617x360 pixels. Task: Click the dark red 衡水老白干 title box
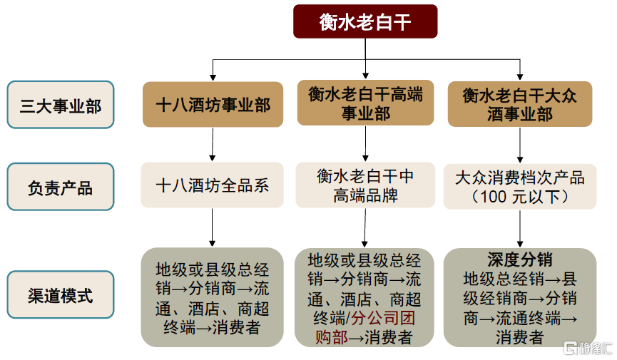point(365,21)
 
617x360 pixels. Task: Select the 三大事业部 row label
point(61,105)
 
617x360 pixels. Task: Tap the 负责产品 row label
point(61,187)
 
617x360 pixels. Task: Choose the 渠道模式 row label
point(61,294)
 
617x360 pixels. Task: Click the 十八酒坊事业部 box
point(213,104)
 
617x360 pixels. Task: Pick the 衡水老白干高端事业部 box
point(365,103)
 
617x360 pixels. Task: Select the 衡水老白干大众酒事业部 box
point(520,104)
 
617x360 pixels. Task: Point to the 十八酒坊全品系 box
point(213,185)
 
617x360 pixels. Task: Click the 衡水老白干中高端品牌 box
point(365,185)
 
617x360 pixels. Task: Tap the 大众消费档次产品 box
point(520,187)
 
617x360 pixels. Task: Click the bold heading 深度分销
point(520,259)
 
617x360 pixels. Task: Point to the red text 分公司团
point(383,318)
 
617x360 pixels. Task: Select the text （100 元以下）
point(520,196)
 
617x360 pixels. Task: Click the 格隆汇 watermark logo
point(588,348)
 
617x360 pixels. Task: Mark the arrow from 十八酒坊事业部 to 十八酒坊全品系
point(213,145)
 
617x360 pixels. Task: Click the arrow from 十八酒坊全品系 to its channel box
point(213,227)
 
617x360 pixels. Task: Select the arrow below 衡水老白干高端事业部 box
point(365,143)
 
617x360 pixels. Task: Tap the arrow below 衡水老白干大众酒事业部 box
point(520,145)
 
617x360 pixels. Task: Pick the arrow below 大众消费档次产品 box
point(520,229)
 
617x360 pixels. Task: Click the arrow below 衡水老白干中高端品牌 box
point(365,228)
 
